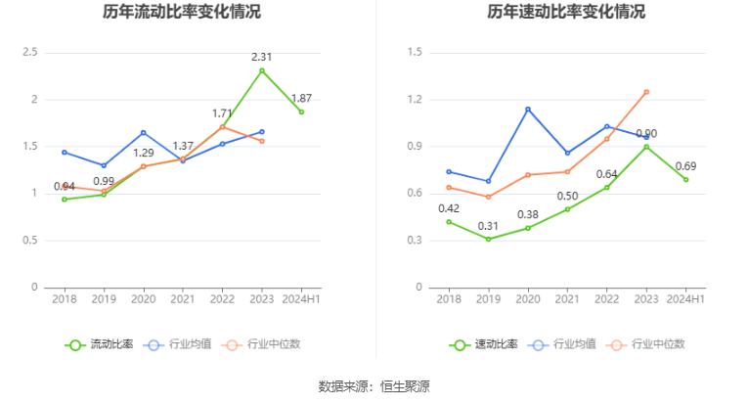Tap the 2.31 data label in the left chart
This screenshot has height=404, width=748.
pyautogui.click(x=261, y=57)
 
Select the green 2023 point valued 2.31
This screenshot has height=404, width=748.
pyautogui.click(x=261, y=70)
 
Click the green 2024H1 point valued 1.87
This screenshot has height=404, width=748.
pyautogui.click(x=301, y=112)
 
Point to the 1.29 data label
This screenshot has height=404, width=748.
pyautogui.click(x=144, y=153)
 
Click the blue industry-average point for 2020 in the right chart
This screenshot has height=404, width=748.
pyautogui.click(x=528, y=109)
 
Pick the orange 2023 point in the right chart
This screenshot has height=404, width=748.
pyautogui.click(x=646, y=92)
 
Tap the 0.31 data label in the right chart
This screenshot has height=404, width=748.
pyautogui.click(x=488, y=226)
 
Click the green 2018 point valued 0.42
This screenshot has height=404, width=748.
pyautogui.click(x=449, y=221)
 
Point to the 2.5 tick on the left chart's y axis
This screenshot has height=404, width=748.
pyautogui.click(x=30, y=52)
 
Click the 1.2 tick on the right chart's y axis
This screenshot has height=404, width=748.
pyautogui.click(x=414, y=100)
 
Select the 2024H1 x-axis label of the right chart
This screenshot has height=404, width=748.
pyautogui.click(x=685, y=299)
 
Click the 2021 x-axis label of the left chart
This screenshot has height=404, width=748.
pyautogui.click(x=183, y=299)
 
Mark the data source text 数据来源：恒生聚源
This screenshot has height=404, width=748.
pyautogui.click(x=374, y=386)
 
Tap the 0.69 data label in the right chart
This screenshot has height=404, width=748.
pyautogui.click(x=685, y=165)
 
